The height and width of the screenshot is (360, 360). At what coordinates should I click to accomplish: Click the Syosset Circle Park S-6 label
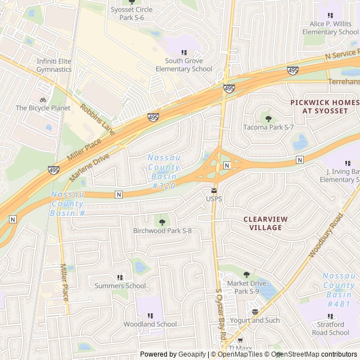[x=132, y=13]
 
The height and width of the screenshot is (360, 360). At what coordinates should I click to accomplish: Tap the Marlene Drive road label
[x=89, y=168]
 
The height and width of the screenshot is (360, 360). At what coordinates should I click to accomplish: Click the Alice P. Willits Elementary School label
[x=330, y=28]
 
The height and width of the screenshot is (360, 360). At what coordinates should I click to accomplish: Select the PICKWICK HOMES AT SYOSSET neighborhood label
[x=324, y=106]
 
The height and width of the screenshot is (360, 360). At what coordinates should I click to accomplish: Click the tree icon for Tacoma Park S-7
[x=268, y=119]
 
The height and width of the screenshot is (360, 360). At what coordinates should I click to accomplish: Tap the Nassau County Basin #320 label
[x=164, y=172]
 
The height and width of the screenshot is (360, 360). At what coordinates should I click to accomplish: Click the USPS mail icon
[x=214, y=190]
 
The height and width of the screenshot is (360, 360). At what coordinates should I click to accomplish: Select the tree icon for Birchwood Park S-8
[x=163, y=222]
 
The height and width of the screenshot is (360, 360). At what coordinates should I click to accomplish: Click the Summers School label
[x=120, y=286]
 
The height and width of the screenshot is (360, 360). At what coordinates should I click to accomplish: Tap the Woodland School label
[x=150, y=324]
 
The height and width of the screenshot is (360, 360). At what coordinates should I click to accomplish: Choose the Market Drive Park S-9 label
[x=246, y=287]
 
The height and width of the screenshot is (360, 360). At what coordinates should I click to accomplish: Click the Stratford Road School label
[x=330, y=328]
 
